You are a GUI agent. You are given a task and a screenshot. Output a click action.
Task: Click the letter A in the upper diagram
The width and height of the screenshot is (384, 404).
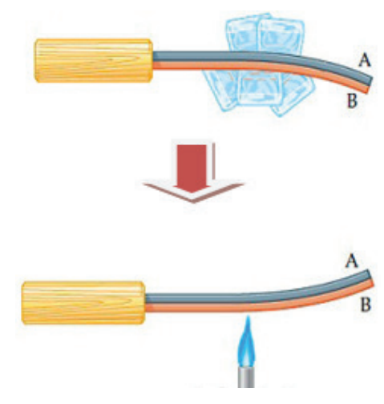point(365,60)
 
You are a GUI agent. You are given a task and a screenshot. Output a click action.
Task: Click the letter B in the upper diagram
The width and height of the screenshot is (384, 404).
point(352,101)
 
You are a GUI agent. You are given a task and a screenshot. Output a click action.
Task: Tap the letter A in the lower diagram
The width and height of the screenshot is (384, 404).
point(351,261)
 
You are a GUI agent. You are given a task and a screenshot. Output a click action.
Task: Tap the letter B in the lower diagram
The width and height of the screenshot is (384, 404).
point(366,305)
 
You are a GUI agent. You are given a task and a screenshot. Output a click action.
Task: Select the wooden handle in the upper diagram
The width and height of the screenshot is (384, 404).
point(94,61)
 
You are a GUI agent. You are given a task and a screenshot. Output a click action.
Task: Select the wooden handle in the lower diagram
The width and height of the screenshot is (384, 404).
point(83,303)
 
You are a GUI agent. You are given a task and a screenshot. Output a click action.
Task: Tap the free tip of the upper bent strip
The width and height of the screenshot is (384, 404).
point(370,85)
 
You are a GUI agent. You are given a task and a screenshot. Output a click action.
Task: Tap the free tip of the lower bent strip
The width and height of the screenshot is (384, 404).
point(370,278)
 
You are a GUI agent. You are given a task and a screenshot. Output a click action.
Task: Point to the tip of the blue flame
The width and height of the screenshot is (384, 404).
point(248,316)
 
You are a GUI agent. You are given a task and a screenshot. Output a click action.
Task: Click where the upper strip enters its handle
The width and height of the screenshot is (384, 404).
point(153,61)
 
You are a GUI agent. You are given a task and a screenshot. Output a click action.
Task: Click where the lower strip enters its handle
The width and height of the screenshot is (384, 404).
point(146,303)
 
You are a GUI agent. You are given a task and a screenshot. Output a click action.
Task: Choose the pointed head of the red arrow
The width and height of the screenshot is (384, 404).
point(193,195)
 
